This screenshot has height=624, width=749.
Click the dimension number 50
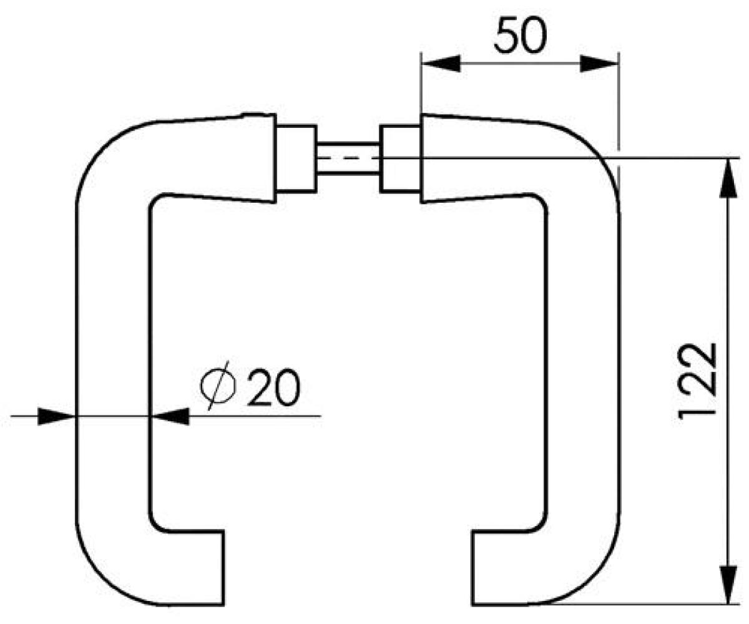(520, 36)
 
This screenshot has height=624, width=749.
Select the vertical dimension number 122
(697, 383)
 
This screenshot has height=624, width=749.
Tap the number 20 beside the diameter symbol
(273, 388)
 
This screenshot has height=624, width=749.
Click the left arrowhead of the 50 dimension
(441, 64)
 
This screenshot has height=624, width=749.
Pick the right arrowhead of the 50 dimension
(599, 64)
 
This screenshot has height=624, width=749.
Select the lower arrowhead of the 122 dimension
(728, 584)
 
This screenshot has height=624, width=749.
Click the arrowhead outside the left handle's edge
(57, 416)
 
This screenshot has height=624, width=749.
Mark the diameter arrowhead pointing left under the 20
(169, 416)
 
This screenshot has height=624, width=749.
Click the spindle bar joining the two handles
(348, 158)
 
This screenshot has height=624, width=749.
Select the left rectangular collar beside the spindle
(296, 158)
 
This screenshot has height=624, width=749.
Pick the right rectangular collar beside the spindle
(400, 158)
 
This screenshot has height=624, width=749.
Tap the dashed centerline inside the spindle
(348, 158)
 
